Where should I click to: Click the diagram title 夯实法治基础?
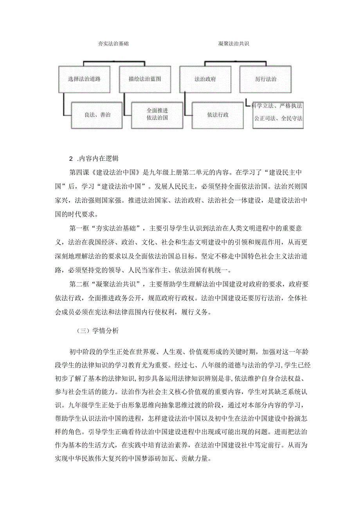coord(113,44)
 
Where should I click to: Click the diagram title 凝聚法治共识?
coord(234,44)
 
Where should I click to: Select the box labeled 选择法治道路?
coord(85,79)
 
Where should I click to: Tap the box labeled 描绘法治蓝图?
coord(145,79)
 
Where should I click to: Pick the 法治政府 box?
coord(205,79)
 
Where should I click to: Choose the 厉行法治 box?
coord(266,79)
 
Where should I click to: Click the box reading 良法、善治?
coord(97,115)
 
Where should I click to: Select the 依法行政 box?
coord(218,115)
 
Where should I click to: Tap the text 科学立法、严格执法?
coord(277,106)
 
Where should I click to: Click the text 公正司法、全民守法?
coord(278,118)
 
